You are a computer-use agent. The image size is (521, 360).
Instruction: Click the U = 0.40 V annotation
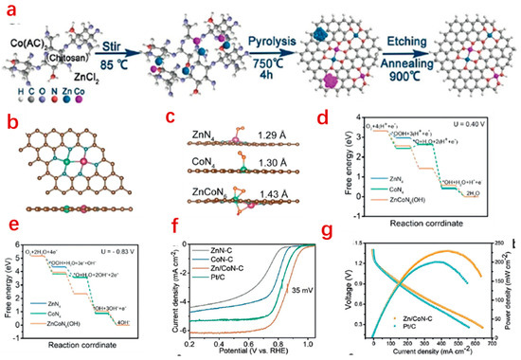483,117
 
